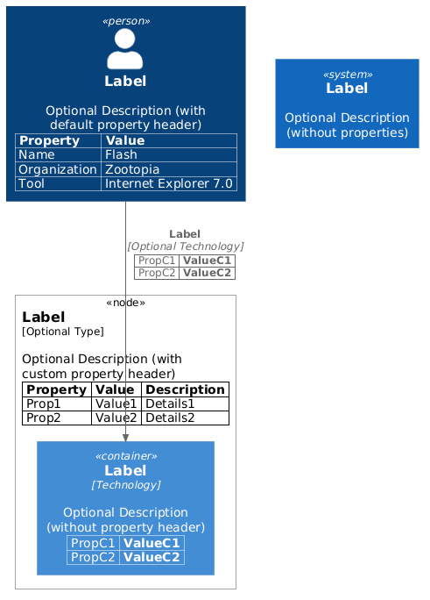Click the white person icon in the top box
click(x=125, y=48)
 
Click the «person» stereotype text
click(x=125, y=21)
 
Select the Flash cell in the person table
click(x=121, y=154)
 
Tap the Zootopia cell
click(x=132, y=169)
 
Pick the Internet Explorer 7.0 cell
click(x=169, y=184)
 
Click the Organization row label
click(x=58, y=169)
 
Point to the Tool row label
click(x=32, y=184)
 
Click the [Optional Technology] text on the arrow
click(x=185, y=247)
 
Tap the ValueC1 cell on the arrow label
click(x=207, y=261)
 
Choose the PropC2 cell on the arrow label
click(x=157, y=273)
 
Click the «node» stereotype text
click(x=125, y=303)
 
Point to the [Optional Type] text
click(x=63, y=332)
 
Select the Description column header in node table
click(x=185, y=389)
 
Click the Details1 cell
click(x=170, y=404)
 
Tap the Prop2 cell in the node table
click(x=44, y=418)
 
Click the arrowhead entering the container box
click(x=125, y=436)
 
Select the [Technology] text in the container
click(x=125, y=485)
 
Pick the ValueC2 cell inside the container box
click(x=152, y=557)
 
